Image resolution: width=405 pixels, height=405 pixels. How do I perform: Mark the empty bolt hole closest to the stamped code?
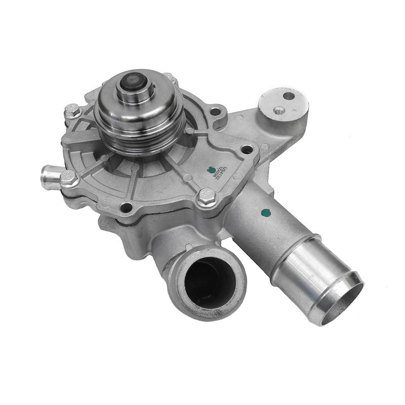click(x=247, y=149)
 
